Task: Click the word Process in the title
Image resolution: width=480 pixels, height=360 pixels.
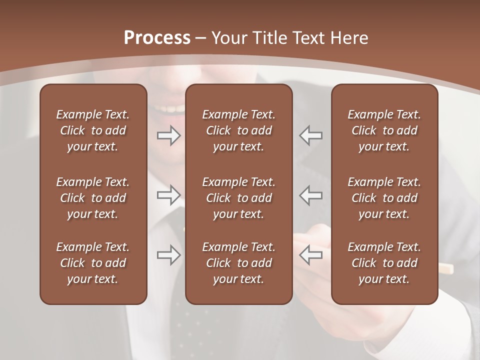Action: point(157,37)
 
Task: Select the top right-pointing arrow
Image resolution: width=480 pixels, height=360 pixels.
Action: point(169,135)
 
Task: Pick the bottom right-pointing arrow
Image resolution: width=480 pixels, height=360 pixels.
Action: point(169,255)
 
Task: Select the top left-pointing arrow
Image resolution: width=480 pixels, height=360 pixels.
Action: point(310,135)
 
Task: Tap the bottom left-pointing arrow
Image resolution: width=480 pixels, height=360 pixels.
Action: point(310,255)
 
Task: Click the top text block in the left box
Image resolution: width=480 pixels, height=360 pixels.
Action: point(93,130)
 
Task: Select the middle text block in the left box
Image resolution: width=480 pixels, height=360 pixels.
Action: point(93,198)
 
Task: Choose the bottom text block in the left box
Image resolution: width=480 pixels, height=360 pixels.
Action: point(93,263)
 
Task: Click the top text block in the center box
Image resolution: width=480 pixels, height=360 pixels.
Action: point(238,130)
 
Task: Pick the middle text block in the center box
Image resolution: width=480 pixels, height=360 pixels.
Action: point(238,198)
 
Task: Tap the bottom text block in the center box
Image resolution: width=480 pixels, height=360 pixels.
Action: point(238,263)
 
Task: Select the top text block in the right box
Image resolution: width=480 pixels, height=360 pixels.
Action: point(384,130)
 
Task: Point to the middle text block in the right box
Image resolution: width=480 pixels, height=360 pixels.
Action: point(384,198)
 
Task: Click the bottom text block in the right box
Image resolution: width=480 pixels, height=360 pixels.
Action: point(384,263)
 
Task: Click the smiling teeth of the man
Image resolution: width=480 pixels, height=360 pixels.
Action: point(170,108)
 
